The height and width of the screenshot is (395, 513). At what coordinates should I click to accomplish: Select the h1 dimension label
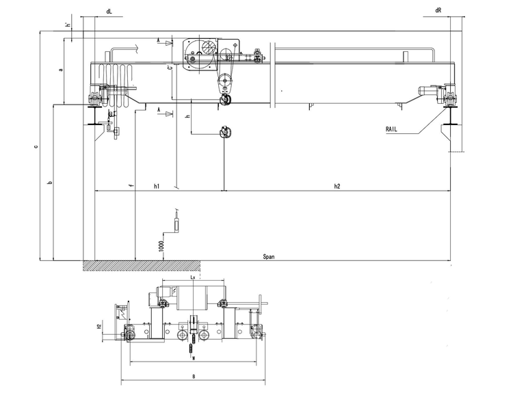(157, 186)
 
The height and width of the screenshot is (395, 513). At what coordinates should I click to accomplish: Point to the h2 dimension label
(337, 186)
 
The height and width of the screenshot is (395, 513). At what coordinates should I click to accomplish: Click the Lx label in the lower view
(194, 279)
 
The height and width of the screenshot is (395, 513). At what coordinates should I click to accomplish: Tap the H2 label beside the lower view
(99, 327)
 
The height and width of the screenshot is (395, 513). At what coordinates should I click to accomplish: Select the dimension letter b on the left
(49, 183)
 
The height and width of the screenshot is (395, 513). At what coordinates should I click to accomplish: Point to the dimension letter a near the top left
(61, 70)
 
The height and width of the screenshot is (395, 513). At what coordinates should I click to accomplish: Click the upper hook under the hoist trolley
(226, 100)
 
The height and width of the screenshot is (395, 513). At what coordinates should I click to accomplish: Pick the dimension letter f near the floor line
(130, 185)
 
